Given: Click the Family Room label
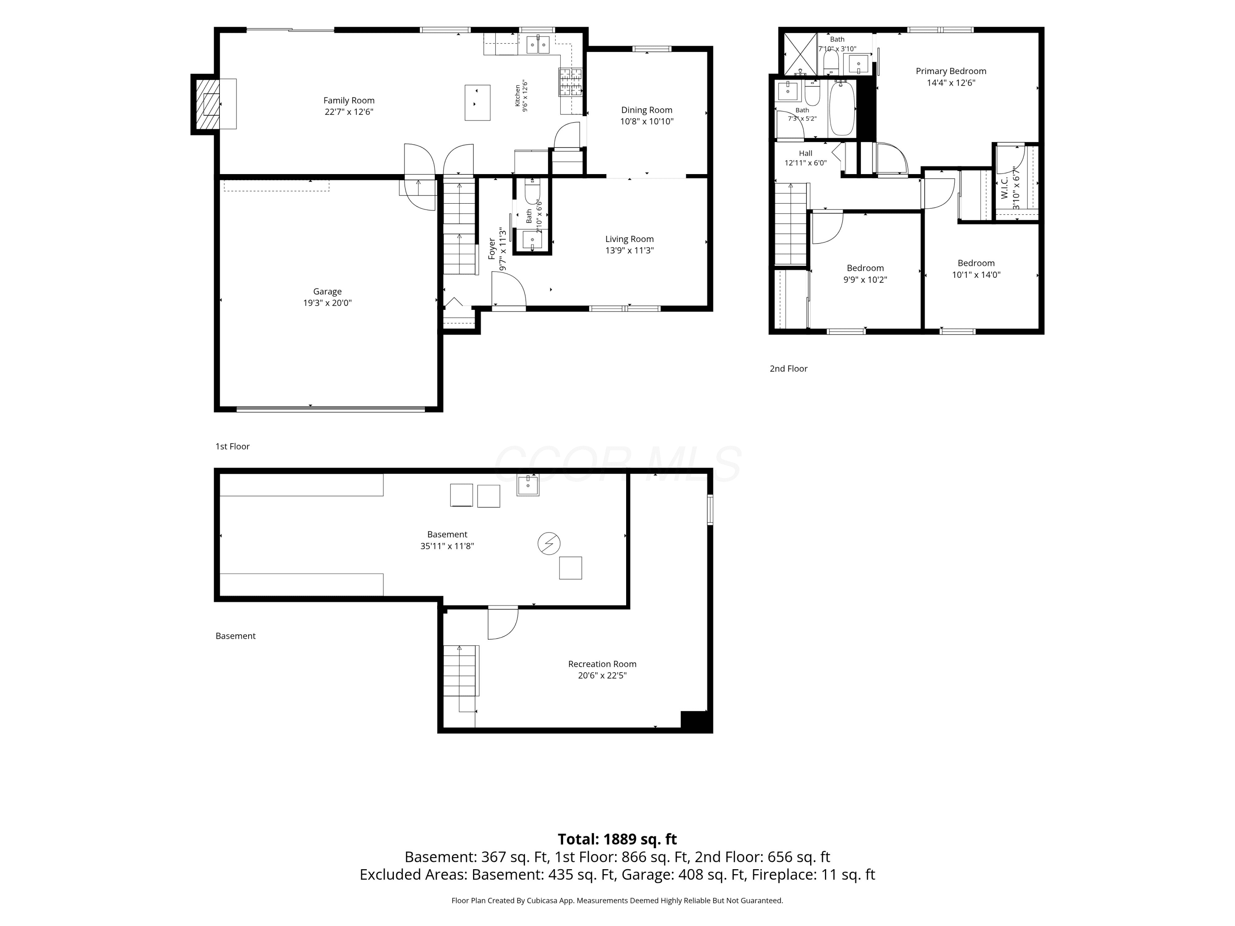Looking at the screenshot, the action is click(x=349, y=100).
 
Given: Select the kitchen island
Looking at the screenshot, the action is click(x=478, y=103).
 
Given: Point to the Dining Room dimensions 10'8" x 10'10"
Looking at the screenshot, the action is click(x=647, y=121).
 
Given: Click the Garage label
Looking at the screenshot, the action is click(x=327, y=291).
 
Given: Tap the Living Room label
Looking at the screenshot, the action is click(x=629, y=239).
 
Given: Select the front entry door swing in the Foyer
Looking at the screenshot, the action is click(x=508, y=289).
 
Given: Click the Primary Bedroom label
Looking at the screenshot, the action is click(x=951, y=71).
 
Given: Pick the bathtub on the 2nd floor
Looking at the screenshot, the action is click(x=842, y=108).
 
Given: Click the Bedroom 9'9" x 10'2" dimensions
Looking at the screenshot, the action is click(x=865, y=279).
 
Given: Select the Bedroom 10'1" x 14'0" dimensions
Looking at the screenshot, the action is click(x=976, y=275).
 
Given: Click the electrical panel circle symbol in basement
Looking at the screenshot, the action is click(x=549, y=543).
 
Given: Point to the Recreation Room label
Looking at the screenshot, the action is click(x=602, y=664).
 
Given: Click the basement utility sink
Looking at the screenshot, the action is click(x=528, y=485).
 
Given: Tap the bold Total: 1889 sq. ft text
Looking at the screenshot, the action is click(x=617, y=839).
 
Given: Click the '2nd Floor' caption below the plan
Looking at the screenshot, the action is click(x=788, y=368).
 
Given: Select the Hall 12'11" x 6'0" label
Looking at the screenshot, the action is click(x=806, y=158).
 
